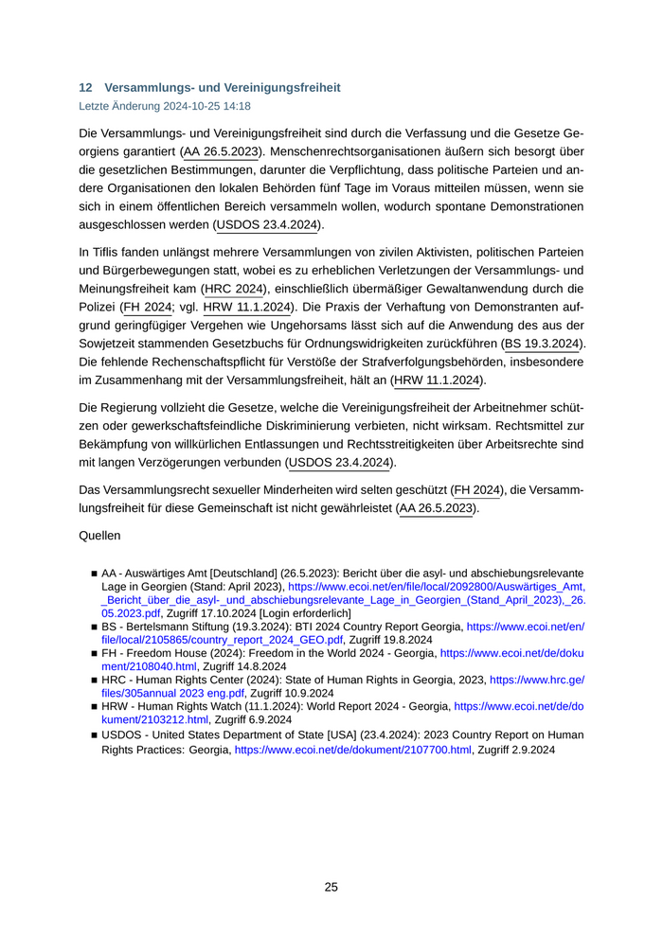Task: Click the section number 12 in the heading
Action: [85, 87]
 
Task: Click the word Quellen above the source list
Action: [99, 536]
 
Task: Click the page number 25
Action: [331, 887]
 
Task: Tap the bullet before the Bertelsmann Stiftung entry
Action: [94, 628]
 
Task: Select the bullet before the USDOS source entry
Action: [94, 735]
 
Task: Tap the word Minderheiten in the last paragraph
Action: [311, 489]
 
